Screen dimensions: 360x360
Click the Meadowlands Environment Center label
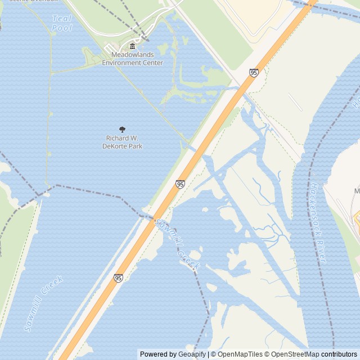tap(132, 58)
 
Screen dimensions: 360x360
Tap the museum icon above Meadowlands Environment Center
tap(132, 46)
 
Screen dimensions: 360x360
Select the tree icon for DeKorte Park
tap(123, 129)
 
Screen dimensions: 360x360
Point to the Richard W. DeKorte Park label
tap(122, 142)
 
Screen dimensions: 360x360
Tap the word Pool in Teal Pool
tap(62, 28)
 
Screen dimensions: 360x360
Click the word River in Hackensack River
tap(322, 253)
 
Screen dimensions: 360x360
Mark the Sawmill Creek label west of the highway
tap(43, 303)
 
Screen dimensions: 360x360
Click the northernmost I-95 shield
tap(254, 73)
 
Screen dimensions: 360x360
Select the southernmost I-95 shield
tap(118, 278)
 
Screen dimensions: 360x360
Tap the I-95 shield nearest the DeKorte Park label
tap(180, 184)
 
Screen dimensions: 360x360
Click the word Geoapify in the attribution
tap(192, 354)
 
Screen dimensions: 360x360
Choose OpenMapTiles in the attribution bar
tap(240, 354)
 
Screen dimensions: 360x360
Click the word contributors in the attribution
tap(339, 354)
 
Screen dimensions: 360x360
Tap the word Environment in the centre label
tap(132, 63)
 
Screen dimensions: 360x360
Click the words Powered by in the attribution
tap(158, 354)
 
